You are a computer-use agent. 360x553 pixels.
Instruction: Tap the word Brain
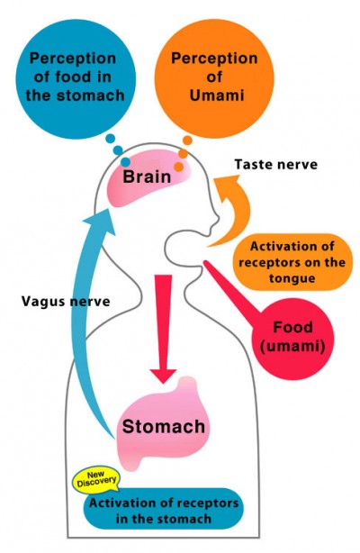(147, 177)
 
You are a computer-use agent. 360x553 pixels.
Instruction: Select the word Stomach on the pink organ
(164, 426)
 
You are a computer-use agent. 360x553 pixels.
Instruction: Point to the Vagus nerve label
(66, 302)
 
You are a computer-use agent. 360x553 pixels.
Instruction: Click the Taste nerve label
(276, 164)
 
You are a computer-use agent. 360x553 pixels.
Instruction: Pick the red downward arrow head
(163, 376)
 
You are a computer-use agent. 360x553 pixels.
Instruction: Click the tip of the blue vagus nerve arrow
(108, 208)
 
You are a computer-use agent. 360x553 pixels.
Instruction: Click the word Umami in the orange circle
(217, 95)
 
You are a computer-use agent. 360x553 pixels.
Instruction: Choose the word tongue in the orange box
(292, 278)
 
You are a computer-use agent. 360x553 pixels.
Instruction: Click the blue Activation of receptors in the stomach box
(163, 509)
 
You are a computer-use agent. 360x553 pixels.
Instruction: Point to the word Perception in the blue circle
(73, 59)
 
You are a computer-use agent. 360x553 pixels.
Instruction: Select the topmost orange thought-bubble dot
(187, 141)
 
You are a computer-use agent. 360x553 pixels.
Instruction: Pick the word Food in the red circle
(293, 327)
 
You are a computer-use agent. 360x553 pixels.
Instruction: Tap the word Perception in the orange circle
(214, 59)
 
